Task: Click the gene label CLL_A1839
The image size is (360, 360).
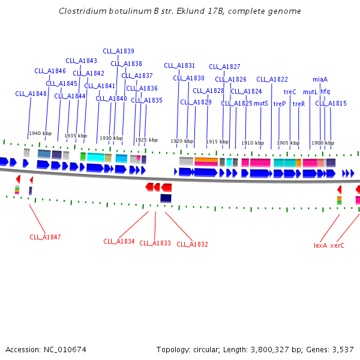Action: point(118,51)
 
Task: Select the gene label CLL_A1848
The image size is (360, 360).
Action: point(31,94)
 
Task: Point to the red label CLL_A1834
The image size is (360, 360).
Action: point(119,241)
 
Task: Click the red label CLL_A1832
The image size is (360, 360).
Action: point(192,244)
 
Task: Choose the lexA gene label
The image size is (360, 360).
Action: point(320,245)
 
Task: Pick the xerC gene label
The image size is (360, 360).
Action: point(337,245)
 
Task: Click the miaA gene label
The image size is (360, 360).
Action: point(320,79)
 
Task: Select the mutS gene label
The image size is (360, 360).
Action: point(260,103)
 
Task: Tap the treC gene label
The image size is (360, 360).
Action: point(290,92)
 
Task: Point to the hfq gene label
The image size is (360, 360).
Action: point(325,91)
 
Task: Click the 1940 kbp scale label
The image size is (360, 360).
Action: point(40,133)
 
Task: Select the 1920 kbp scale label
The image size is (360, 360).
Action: point(182,142)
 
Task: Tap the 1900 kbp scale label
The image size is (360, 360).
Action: point(322,143)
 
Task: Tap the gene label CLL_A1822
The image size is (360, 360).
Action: point(272,79)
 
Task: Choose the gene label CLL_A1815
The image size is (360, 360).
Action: point(331,103)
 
